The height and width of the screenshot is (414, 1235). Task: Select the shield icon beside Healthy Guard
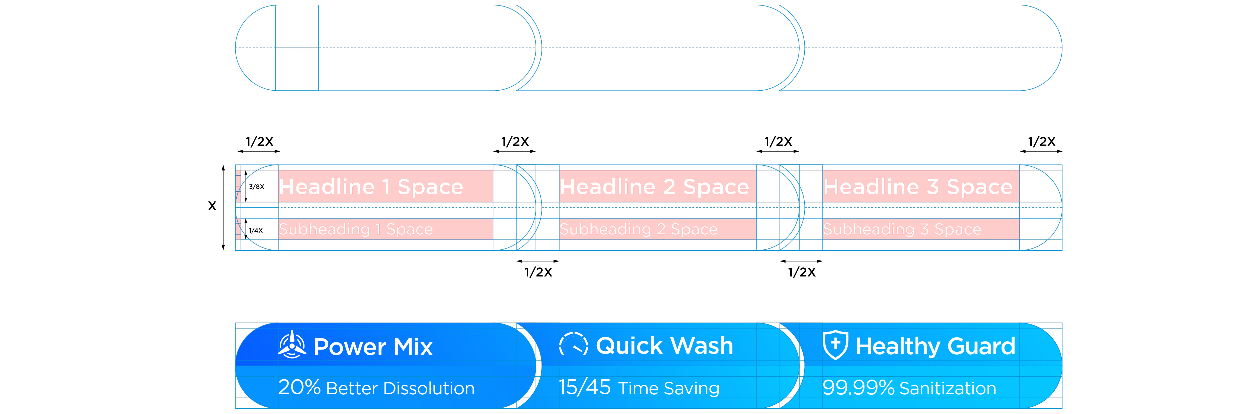click(835, 344)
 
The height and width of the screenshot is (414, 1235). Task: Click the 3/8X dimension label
click(256, 187)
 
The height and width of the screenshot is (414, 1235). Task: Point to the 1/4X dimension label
click(256, 231)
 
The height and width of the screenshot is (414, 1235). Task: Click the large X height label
click(212, 206)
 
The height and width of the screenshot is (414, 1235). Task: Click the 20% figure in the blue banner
click(299, 387)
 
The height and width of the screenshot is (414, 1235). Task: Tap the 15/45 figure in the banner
click(584, 387)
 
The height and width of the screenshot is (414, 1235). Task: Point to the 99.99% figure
click(858, 387)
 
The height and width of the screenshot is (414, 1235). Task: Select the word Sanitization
click(948, 388)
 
